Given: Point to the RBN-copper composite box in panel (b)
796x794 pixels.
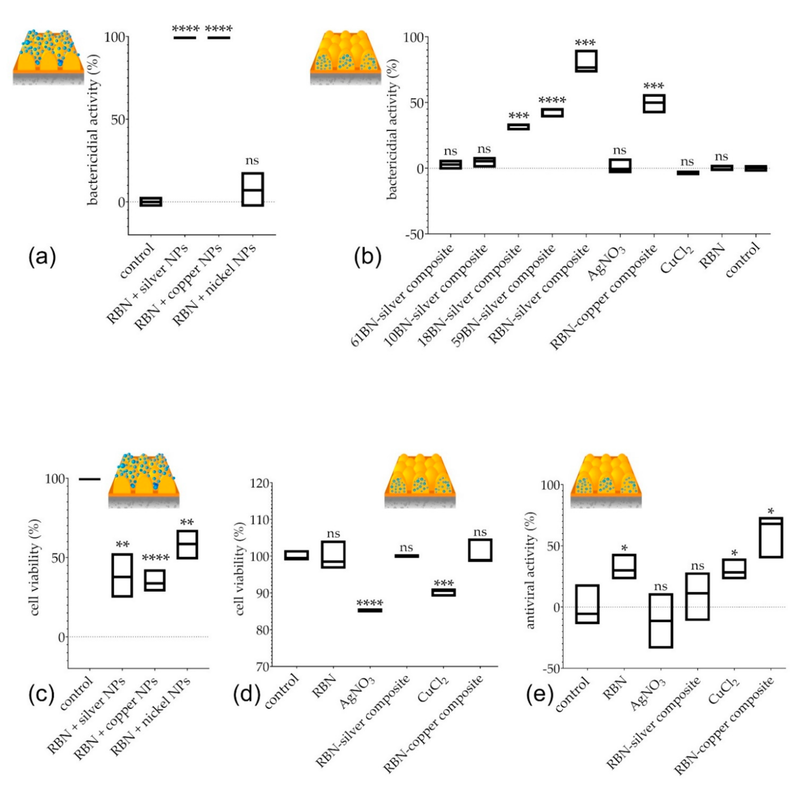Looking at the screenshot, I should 654,104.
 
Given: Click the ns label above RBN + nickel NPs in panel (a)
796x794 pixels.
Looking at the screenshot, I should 252,161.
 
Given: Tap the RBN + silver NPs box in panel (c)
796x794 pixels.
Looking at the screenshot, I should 122,575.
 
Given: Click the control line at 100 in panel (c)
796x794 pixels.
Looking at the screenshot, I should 89,479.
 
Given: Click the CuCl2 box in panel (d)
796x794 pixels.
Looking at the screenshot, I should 443,592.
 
